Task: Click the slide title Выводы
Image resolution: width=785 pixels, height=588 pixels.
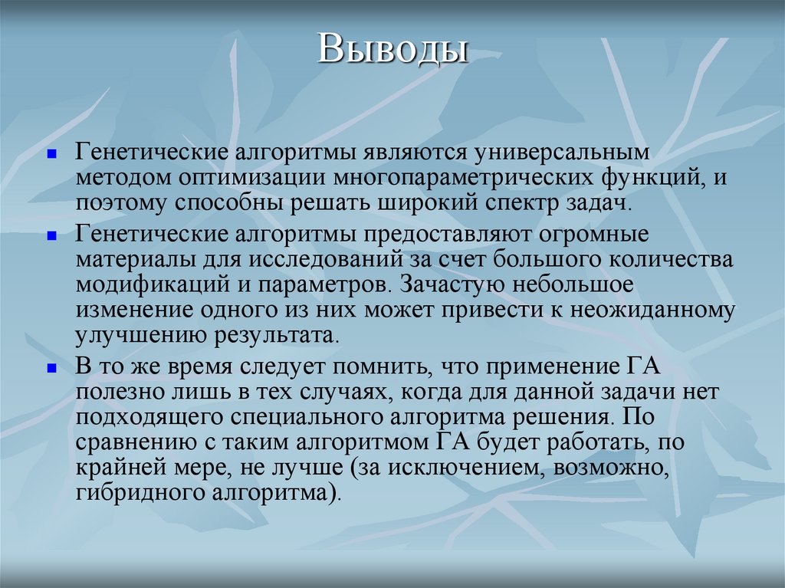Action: pos(393,48)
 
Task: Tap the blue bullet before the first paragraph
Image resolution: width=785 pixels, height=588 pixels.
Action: pos(51,153)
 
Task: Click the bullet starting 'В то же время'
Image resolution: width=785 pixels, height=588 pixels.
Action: pos(51,368)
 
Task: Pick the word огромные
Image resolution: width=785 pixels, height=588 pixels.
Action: pos(589,234)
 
